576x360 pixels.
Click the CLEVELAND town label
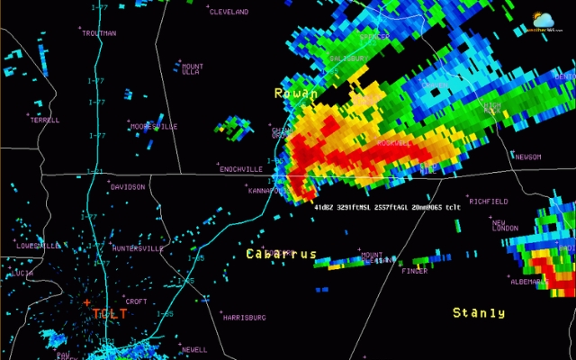229,12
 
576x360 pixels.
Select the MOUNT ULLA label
193,69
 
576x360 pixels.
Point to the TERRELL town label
45,120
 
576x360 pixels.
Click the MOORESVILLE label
154,127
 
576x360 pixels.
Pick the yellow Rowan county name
296,94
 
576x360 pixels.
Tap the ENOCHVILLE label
241,169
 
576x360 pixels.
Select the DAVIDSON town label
128,187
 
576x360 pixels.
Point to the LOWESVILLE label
39,246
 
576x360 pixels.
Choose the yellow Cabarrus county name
281,255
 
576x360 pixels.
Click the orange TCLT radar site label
110,313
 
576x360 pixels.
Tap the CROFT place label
136,301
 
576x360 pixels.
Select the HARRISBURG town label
244,318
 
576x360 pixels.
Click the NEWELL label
194,349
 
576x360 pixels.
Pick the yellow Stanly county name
478,312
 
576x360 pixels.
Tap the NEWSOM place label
528,157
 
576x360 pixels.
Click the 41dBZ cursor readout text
387,207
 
